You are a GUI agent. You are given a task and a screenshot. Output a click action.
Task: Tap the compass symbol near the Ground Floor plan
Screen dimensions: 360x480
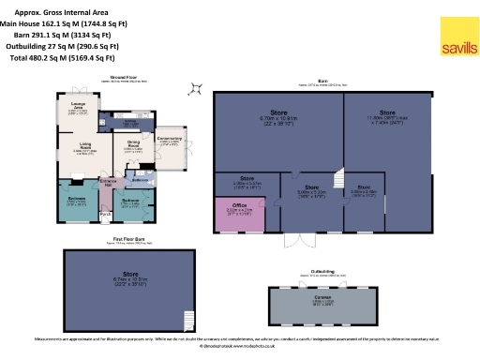tap(195, 89)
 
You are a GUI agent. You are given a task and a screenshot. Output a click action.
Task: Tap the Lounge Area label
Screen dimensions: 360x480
tap(77, 110)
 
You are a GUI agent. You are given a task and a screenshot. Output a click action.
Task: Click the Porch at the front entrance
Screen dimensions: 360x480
tap(106, 214)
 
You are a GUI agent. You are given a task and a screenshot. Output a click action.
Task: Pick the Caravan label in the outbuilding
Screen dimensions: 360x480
tap(322, 303)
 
